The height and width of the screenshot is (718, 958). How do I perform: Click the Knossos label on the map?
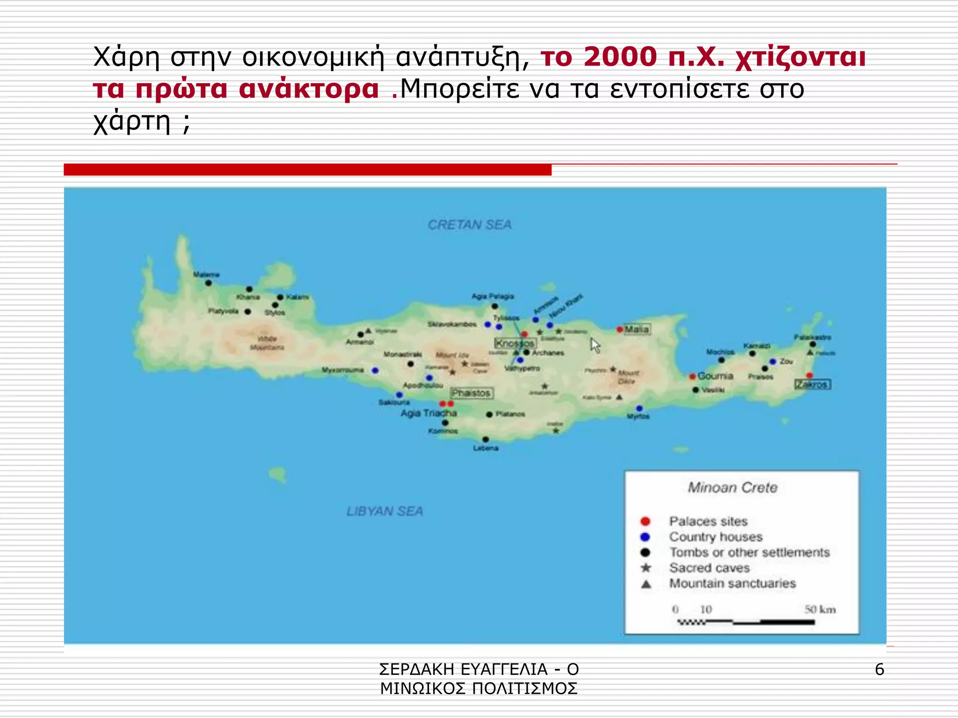[x=515, y=343]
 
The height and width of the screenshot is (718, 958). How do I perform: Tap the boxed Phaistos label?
[x=472, y=393]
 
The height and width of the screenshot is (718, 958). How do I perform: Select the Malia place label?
[x=637, y=329]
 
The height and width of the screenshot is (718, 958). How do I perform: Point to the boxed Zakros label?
[x=813, y=384]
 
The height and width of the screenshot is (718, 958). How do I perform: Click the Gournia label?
[x=715, y=376]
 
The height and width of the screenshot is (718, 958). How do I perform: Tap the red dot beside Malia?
[x=620, y=330]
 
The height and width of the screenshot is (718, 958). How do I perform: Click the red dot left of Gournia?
[x=692, y=376]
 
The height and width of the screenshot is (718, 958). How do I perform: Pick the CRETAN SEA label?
[x=470, y=225]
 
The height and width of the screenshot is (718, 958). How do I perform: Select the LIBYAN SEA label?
[x=385, y=511]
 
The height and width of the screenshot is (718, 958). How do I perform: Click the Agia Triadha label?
[x=428, y=413]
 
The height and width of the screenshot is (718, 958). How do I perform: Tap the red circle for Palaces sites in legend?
[x=646, y=521]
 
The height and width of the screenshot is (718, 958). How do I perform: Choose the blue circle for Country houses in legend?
[x=646, y=537]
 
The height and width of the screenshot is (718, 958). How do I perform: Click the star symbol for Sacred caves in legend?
[x=646, y=568]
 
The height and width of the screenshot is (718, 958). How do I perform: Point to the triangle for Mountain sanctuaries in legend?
[x=646, y=584]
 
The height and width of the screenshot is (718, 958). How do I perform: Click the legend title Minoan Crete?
[x=733, y=488]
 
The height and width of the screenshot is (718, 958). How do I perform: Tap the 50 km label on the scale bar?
[x=820, y=609]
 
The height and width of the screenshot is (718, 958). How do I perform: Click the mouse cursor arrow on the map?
[x=595, y=345]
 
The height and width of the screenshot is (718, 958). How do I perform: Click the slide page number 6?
[x=879, y=669]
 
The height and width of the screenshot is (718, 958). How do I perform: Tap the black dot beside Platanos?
[x=489, y=415]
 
